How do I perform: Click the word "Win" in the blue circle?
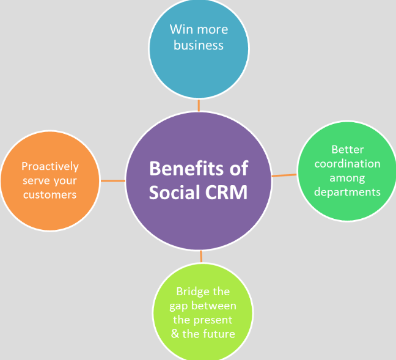click(x=178, y=29)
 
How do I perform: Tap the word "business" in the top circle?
click(x=199, y=45)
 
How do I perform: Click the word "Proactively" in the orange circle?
click(x=50, y=166)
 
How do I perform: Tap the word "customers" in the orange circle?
click(x=50, y=194)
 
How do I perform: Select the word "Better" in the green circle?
click(x=347, y=149)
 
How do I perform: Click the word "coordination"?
click(x=347, y=163)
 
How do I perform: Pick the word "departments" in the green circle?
click(x=347, y=192)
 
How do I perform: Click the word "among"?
click(x=347, y=178)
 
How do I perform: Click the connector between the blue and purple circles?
click(x=199, y=105)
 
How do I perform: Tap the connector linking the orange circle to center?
click(x=112, y=181)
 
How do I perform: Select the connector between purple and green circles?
click(x=284, y=175)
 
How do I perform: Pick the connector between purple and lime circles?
click(x=201, y=257)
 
